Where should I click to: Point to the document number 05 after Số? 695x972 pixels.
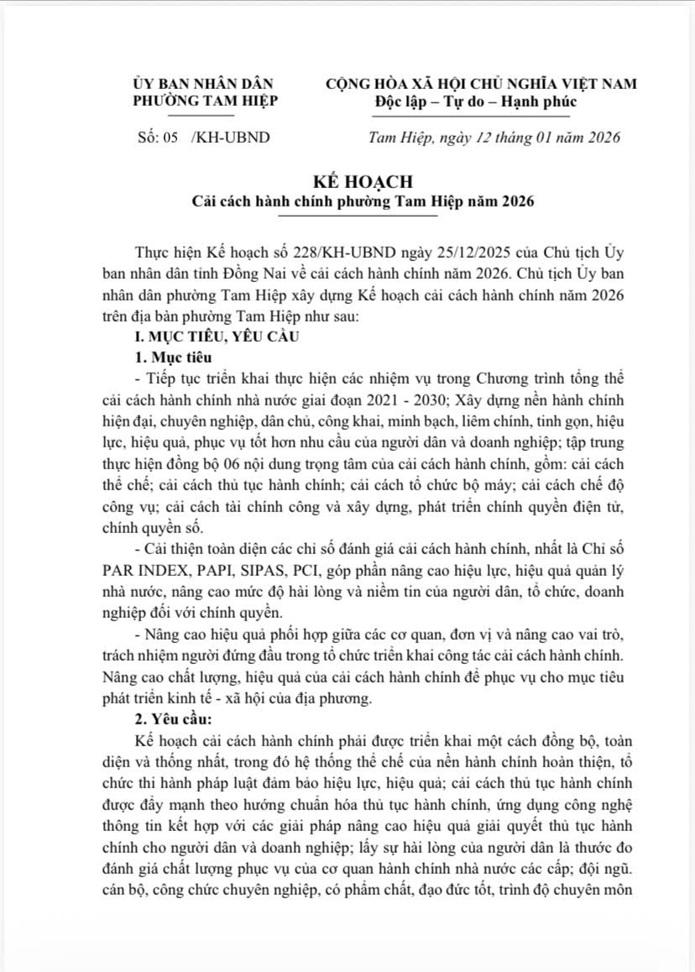[172, 138]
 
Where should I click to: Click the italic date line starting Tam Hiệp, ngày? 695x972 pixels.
[495, 138]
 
